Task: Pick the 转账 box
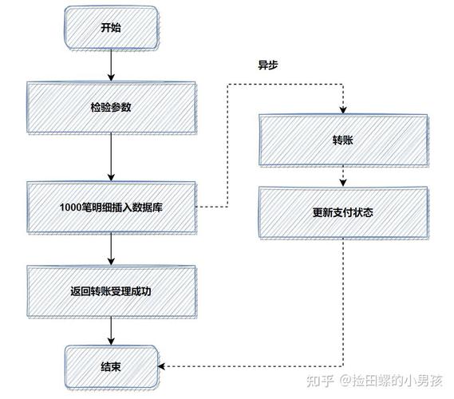pyautogui.click(x=343, y=140)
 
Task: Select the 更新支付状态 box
pyautogui.click(x=343, y=213)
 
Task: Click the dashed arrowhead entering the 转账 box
pyautogui.click(x=343, y=110)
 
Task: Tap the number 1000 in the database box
pyautogui.click(x=70, y=207)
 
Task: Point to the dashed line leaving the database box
pyautogui.click(x=211, y=207)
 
